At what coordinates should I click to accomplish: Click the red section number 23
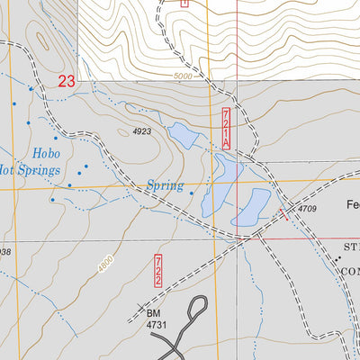(x=66, y=82)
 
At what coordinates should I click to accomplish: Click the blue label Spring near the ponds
(x=165, y=187)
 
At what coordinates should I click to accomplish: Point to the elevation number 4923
(x=139, y=132)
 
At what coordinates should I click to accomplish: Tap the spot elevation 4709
(x=308, y=209)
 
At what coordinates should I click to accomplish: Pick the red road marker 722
(x=157, y=270)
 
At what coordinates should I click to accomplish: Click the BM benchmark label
(x=153, y=314)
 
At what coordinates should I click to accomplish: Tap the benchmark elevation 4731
(x=158, y=326)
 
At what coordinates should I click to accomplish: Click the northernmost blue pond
(x=184, y=136)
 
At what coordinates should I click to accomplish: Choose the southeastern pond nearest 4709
(x=251, y=208)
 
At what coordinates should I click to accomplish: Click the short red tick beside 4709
(x=285, y=212)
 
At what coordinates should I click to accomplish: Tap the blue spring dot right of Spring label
(x=192, y=191)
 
